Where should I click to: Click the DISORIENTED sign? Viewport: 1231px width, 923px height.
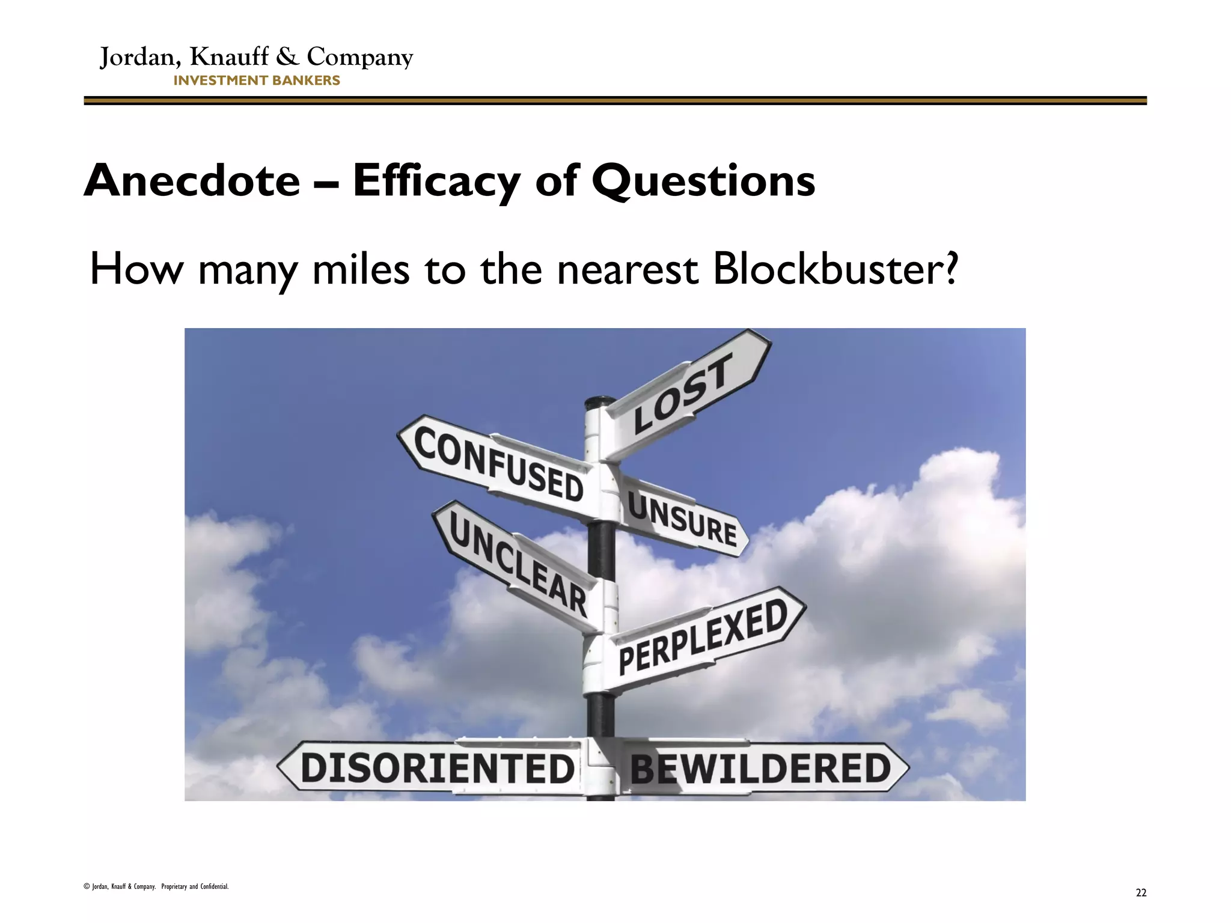coord(436,769)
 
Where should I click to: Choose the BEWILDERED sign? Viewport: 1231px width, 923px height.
coord(760,769)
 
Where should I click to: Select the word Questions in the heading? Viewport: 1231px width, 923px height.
coord(703,181)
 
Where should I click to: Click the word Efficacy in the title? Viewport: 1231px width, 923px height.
coord(436,181)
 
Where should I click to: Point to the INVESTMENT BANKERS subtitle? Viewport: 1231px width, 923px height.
coord(257,81)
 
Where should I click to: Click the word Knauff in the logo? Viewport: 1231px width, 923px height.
coord(229,56)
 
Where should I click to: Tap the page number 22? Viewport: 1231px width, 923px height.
coord(1141,893)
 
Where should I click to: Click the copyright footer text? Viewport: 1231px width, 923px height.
coord(156,886)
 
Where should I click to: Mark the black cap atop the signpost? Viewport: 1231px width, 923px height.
coord(600,401)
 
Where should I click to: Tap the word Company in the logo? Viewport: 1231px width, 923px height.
coord(359,58)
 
